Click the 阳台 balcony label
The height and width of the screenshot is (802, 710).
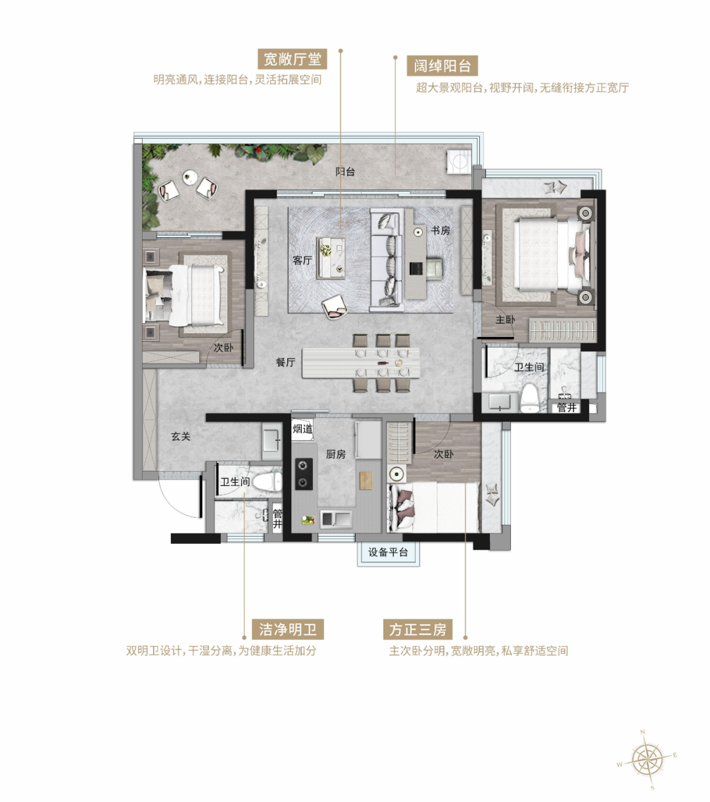[x=344, y=171]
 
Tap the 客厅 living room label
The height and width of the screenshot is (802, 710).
[x=302, y=260]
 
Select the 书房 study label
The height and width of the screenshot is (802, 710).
[x=440, y=231]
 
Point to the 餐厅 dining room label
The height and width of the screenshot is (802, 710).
[x=286, y=362]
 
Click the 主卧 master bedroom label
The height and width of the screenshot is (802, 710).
[x=505, y=319]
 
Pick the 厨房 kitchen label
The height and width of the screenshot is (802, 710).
[x=335, y=454]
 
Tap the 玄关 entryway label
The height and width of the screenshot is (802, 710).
[x=181, y=436]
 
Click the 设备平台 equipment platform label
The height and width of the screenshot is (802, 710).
[x=388, y=552]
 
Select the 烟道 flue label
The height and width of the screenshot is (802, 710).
[x=302, y=429]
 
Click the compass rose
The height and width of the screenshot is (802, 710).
[x=648, y=760]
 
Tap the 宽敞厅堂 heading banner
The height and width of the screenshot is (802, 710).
[x=293, y=59]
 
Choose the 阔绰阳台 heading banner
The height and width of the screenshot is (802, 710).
[x=442, y=65]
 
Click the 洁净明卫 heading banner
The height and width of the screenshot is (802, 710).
[x=288, y=629]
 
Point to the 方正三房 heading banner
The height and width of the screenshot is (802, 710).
[x=417, y=629]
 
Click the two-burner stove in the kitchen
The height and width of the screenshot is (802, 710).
[x=304, y=474]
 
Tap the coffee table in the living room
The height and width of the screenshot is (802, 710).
[x=331, y=257]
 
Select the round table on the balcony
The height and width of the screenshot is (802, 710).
[x=190, y=177]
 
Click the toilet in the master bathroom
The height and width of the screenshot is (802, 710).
[x=529, y=398]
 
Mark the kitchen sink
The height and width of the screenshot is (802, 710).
[x=336, y=519]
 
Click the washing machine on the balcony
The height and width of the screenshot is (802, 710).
[x=460, y=162]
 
